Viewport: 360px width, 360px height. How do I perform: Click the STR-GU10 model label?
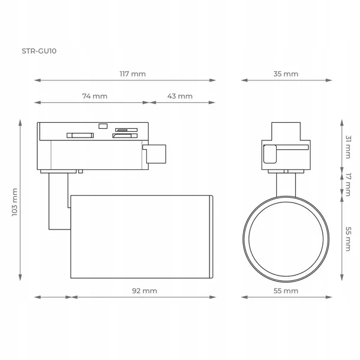(x=39, y=51)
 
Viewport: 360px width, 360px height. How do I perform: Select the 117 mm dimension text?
(x=132, y=74)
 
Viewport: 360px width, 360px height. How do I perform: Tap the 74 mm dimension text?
(x=94, y=96)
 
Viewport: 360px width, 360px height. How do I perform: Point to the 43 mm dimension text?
(x=180, y=96)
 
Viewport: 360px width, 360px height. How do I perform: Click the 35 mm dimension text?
(x=286, y=74)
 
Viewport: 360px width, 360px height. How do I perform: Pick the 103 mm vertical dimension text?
(x=15, y=202)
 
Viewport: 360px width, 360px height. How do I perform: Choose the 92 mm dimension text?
(x=145, y=291)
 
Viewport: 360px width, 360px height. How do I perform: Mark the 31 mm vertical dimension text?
(x=348, y=147)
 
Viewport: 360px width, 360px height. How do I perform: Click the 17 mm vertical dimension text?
(x=348, y=184)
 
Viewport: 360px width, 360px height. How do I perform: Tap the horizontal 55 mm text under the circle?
(x=286, y=291)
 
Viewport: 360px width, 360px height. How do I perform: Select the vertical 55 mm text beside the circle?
(x=348, y=239)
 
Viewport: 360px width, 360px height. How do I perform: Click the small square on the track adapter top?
(x=103, y=126)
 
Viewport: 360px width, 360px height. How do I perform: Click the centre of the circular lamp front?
(x=286, y=239)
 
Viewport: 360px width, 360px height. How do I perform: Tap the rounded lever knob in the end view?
(x=270, y=154)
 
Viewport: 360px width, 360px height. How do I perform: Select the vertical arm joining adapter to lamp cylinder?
(x=58, y=201)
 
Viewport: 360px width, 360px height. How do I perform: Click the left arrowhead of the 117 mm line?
(x=37, y=80)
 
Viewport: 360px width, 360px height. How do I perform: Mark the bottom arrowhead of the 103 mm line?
(x=20, y=277)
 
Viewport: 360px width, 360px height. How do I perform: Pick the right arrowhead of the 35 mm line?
(x=329, y=80)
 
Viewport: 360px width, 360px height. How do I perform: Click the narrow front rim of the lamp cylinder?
(x=211, y=237)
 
